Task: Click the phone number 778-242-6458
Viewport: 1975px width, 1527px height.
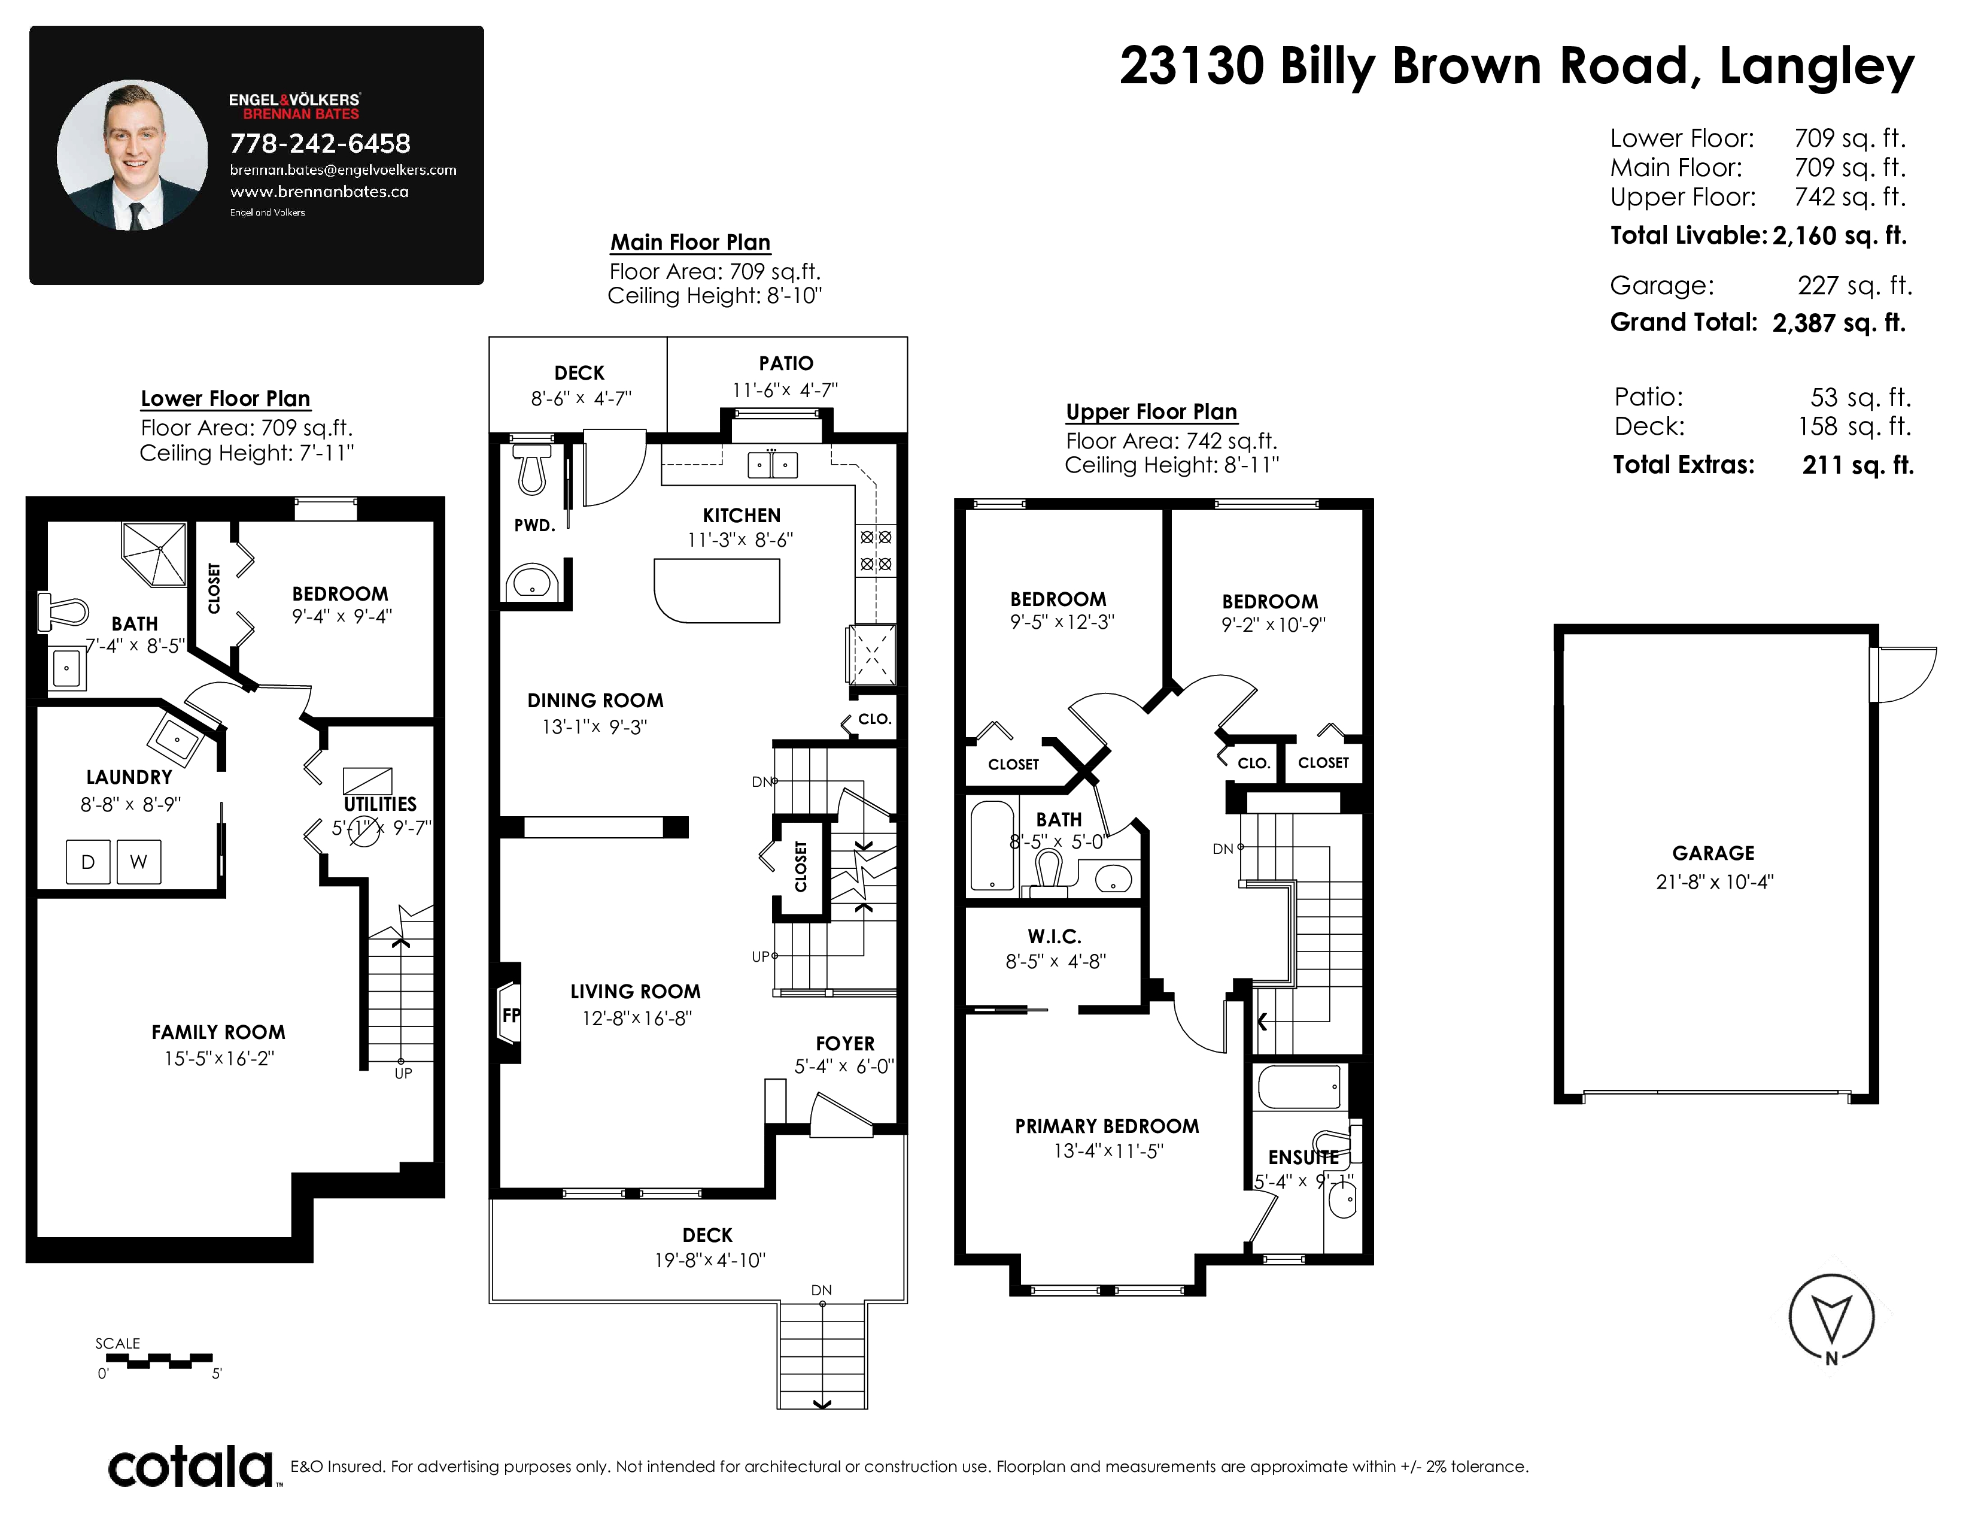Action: [320, 143]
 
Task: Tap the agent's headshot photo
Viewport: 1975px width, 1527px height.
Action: [132, 154]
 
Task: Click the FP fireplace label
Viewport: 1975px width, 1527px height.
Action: [511, 1015]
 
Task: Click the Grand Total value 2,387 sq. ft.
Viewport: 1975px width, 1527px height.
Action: [1839, 323]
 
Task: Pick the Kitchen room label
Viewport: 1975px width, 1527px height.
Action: [742, 516]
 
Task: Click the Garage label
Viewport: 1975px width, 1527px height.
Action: [1713, 853]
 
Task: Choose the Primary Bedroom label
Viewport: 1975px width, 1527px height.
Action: [1107, 1126]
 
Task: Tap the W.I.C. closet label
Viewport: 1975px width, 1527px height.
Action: [1055, 937]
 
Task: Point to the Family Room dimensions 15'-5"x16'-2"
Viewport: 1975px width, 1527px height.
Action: [219, 1058]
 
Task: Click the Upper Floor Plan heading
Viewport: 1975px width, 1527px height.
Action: [1151, 411]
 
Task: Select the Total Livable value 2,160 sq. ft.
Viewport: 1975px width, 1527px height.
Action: [1839, 236]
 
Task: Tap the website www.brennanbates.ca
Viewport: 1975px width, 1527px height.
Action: [319, 192]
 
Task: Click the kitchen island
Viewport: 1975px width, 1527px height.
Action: [717, 590]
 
